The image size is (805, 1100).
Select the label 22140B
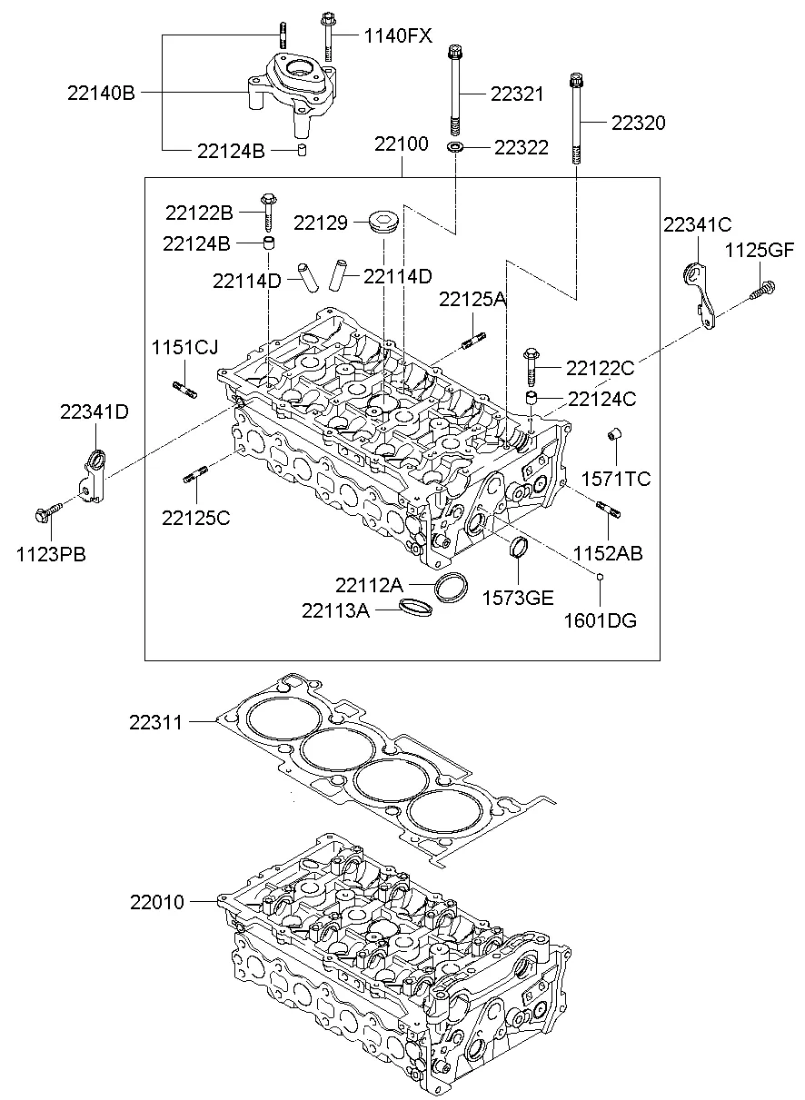[x=100, y=92]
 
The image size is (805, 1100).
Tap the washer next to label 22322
[x=454, y=146]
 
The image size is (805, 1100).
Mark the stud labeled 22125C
[x=196, y=473]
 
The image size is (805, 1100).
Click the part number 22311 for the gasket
[x=155, y=723]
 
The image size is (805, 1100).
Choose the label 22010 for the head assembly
[x=156, y=902]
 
